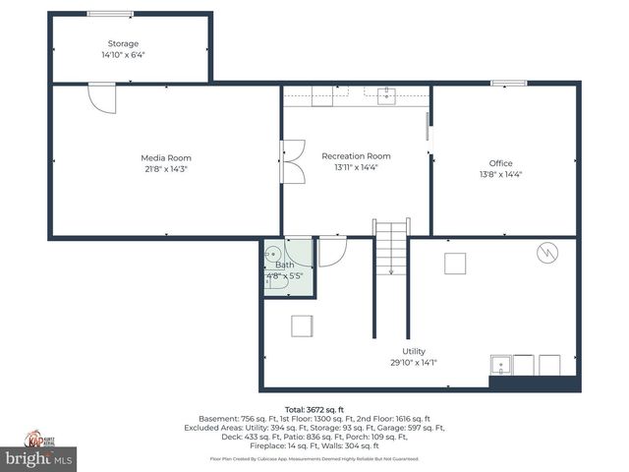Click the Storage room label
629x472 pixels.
point(123,43)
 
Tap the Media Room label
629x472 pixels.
point(166,157)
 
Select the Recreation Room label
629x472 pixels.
point(356,155)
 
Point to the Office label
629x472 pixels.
point(500,163)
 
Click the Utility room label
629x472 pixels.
point(414,351)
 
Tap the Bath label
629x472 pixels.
point(284,265)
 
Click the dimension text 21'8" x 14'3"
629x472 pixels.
point(166,169)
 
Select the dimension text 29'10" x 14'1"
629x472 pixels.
point(414,362)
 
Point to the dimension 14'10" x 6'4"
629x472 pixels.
point(123,55)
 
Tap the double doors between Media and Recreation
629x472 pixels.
point(292,162)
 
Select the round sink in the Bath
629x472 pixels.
point(273,254)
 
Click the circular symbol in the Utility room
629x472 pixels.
point(545,254)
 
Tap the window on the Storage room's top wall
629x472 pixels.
point(110,14)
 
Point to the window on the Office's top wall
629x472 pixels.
point(508,83)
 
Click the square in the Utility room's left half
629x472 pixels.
point(301,325)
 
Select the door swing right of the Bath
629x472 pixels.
point(331,252)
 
